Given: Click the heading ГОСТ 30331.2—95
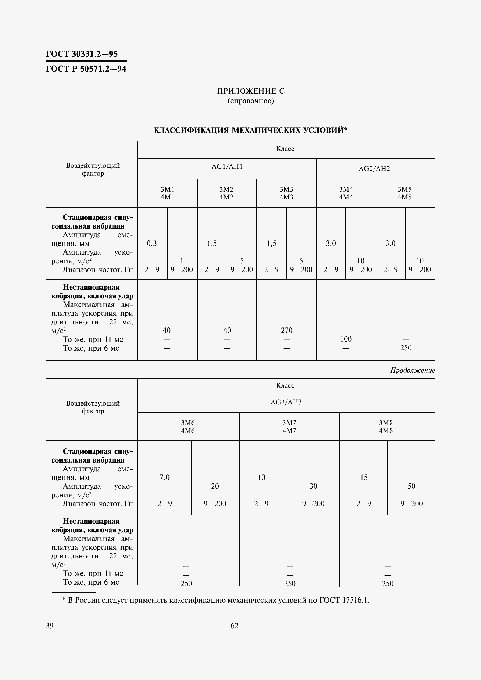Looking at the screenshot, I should coord(82,54).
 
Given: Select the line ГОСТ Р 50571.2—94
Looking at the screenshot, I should coord(86,69).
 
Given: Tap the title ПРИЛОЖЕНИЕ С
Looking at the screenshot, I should coord(251,91).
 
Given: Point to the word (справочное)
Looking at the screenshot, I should coord(251,101).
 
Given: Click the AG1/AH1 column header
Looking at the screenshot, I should coord(227,167).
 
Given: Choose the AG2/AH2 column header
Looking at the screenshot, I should coord(374,169).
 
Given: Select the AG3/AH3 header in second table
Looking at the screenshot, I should coord(286,402).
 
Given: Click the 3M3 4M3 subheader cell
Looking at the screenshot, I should coord(286,193).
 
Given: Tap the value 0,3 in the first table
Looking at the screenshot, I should coord(152,243).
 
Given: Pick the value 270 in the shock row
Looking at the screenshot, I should coord(287,330).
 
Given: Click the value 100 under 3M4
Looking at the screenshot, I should coord(346,339).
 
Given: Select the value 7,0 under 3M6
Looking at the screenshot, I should coord(165,477).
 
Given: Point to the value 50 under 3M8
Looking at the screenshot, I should coord(411,486).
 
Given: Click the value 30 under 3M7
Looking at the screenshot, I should coord(313,486).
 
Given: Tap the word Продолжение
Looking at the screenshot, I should coord(413,370).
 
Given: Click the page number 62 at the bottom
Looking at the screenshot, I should coord(235,626).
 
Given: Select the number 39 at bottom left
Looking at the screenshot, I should coord(50,626).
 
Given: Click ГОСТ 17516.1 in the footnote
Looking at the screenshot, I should coord(344,600).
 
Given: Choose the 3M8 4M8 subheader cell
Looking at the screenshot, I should coord(386,426).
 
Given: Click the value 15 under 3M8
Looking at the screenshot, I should coord(364,477).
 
